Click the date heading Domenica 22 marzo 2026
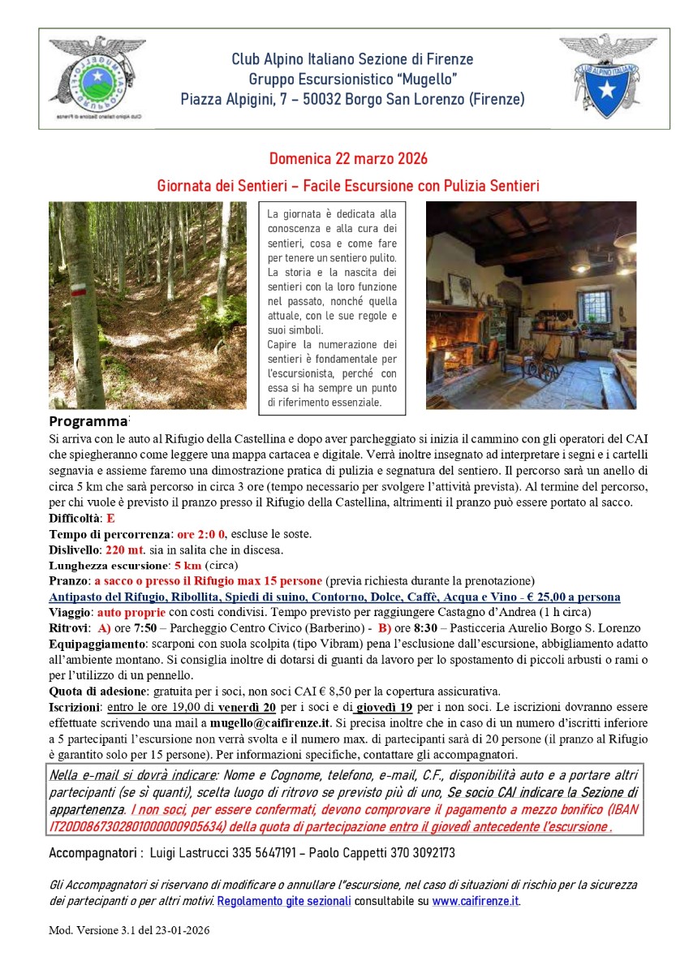[348, 158]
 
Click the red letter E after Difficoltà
[110, 519]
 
